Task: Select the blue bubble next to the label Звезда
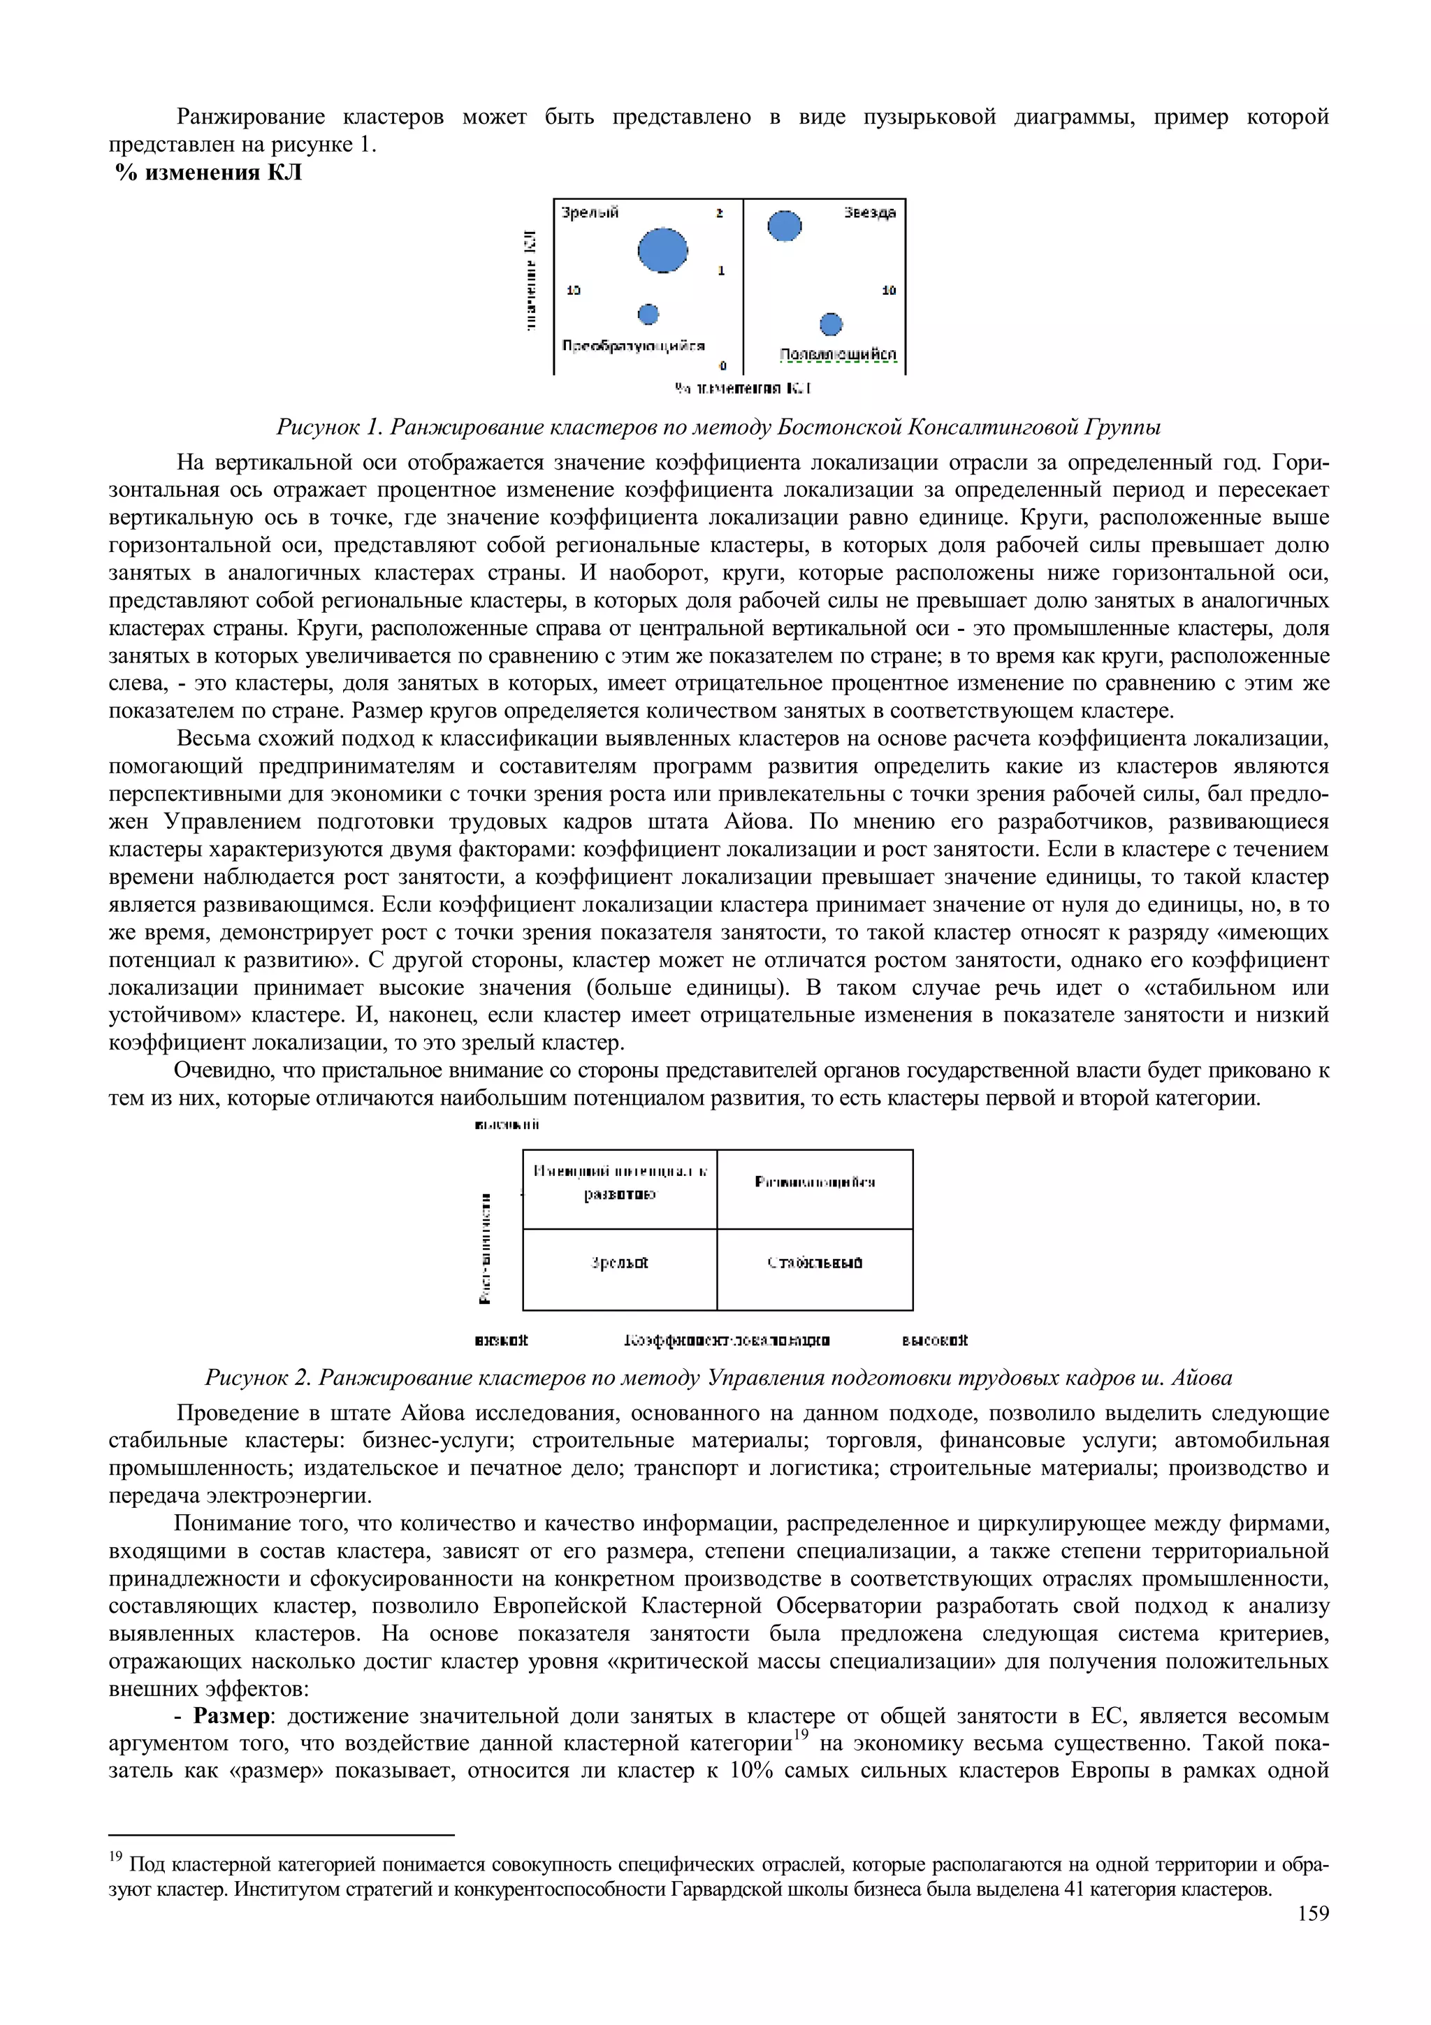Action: pyautogui.click(x=784, y=226)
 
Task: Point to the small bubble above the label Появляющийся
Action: pyautogui.click(x=831, y=324)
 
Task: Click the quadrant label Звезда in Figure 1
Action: pyautogui.click(x=869, y=212)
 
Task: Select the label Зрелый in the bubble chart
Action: pyautogui.click(x=590, y=212)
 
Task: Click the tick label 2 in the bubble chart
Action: pyautogui.click(x=720, y=212)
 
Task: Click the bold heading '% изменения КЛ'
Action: pyautogui.click(x=209, y=173)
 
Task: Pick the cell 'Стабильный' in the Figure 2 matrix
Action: pyautogui.click(x=815, y=1263)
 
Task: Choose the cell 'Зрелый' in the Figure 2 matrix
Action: pyautogui.click(x=620, y=1263)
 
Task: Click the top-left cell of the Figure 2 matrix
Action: pyautogui.click(x=620, y=1183)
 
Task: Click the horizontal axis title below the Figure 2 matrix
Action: pyautogui.click(x=726, y=1341)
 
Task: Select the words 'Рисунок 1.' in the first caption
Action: pyautogui.click(x=329, y=428)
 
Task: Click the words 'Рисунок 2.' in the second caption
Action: pyautogui.click(x=259, y=1378)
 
